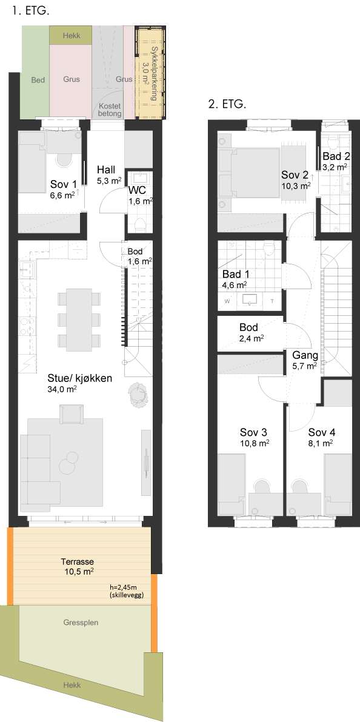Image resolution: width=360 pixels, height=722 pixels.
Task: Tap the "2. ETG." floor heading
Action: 227,104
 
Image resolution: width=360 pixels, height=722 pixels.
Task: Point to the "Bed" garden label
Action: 38,80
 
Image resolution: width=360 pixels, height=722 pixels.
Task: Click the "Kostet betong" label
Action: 110,110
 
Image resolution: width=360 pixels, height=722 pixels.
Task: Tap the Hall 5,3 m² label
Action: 109,173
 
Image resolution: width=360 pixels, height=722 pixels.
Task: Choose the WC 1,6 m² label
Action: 141,195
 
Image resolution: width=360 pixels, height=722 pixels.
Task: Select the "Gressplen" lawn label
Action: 81,623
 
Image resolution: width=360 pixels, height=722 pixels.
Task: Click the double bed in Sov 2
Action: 250,173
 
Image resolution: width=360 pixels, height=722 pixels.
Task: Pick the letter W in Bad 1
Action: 227,302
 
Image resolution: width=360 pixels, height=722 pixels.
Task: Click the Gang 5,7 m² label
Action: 305,360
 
